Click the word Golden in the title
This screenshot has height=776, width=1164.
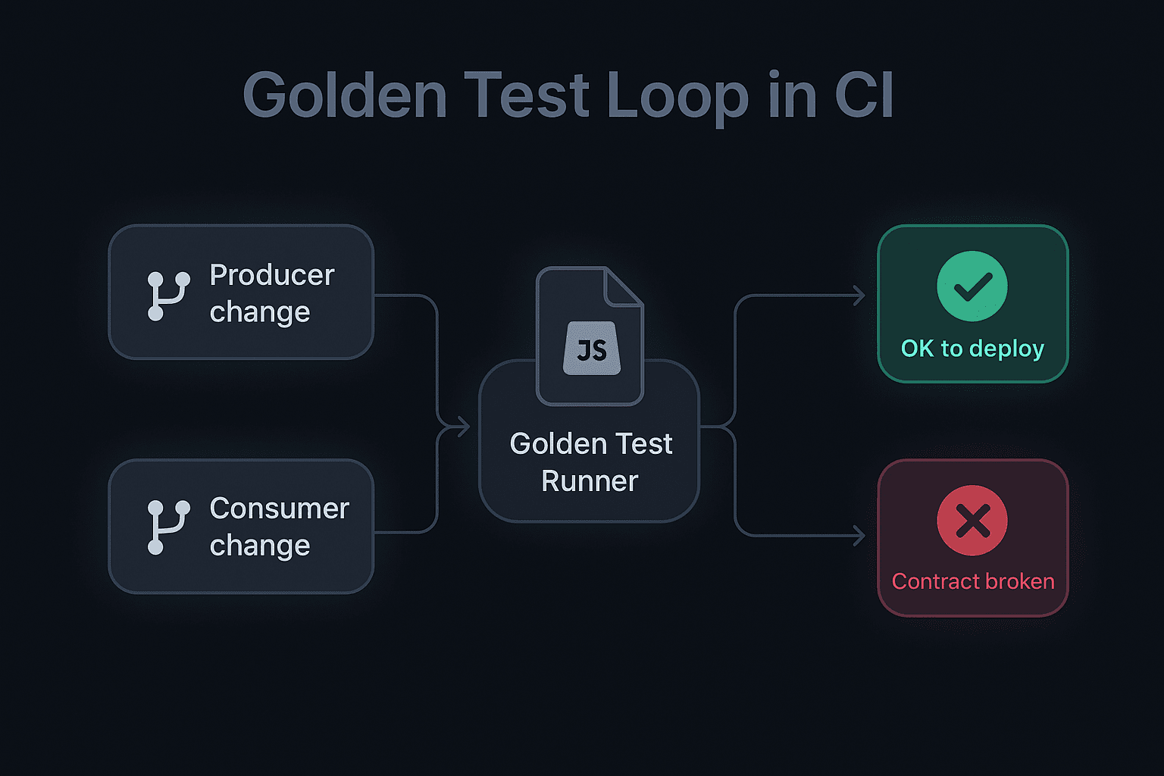tap(345, 95)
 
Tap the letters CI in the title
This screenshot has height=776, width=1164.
tap(864, 94)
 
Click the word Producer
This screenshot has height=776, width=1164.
tap(272, 275)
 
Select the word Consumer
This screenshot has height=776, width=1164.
tap(280, 508)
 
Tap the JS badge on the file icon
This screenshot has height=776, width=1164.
tap(592, 349)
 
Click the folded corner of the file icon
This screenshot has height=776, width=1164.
tap(623, 286)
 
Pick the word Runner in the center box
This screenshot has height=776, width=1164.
tap(590, 480)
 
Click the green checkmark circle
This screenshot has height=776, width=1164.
tap(972, 286)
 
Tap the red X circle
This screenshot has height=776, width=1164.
tap(972, 521)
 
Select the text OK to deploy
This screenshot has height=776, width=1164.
tap(972, 349)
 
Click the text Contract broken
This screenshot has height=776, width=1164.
tap(973, 581)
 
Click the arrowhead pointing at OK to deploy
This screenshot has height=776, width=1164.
tap(859, 296)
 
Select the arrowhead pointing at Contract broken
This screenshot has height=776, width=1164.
tap(859, 536)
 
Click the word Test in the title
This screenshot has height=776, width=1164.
tap(527, 95)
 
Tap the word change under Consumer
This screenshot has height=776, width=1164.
tap(260, 545)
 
